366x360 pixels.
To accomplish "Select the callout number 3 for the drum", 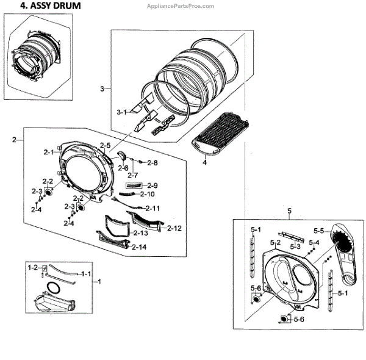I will [x=102, y=89].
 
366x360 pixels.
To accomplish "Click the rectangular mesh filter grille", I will [x=220, y=134].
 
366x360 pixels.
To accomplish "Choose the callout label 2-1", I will [x=49, y=151].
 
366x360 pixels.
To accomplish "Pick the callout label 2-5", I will [x=105, y=146].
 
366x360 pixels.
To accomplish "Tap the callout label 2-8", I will [x=152, y=163].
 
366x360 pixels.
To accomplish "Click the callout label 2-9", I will [x=152, y=185].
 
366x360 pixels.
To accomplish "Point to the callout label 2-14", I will [x=140, y=247].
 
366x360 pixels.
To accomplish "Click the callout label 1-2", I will [x=32, y=267].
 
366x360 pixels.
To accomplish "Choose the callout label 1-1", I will [x=85, y=274].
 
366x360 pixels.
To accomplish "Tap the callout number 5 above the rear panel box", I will [x=289, y=211].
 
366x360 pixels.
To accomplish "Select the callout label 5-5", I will [x=318, y=231].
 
